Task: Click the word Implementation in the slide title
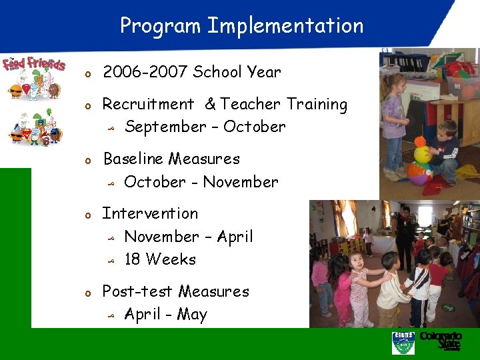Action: (285, 26)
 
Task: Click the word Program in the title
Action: (160, 26)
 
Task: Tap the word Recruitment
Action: (148, 105)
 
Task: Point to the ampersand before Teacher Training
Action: (210, 105)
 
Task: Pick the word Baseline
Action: (133, 159)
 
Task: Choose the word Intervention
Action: (150, 214)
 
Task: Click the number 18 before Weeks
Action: (133, 259)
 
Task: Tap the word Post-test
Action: (137, 292)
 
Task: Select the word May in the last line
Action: (192, 315)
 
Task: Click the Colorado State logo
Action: (441, 341)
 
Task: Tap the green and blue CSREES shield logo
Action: (403, 343)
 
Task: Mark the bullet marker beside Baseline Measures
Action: (87, 161)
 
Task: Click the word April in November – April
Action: (235, 237)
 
